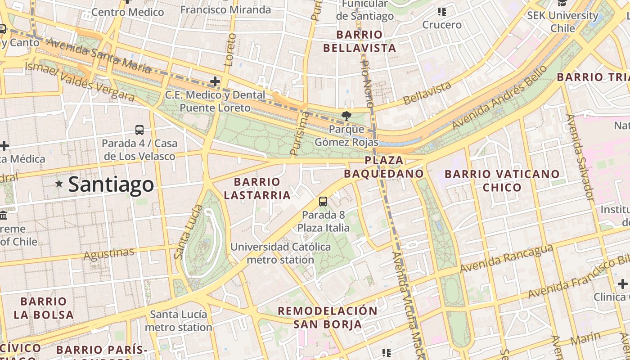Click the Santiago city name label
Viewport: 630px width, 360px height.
point(111,184)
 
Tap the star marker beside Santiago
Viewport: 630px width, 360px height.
point(59,184)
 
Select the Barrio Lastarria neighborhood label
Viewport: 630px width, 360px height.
point(257,189)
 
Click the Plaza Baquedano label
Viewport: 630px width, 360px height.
point(384,167)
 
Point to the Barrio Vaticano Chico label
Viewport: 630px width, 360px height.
point(502,180)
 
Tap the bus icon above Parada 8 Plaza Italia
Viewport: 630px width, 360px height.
point(323,201)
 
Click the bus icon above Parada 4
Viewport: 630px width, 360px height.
point(139,130)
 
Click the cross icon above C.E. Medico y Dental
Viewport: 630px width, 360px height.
point(215,81)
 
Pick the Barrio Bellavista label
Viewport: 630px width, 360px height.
point(366,41)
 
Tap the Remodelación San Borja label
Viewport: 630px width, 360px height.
point(327,317)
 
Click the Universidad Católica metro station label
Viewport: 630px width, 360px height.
point(280,253)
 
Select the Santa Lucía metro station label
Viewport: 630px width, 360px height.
point(178,320)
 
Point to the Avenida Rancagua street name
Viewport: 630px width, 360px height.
point(506,259)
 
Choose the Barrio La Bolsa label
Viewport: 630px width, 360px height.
point(44,308)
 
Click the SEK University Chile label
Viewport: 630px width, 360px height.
point(562,22)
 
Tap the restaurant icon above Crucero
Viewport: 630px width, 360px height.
point(441,12)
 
